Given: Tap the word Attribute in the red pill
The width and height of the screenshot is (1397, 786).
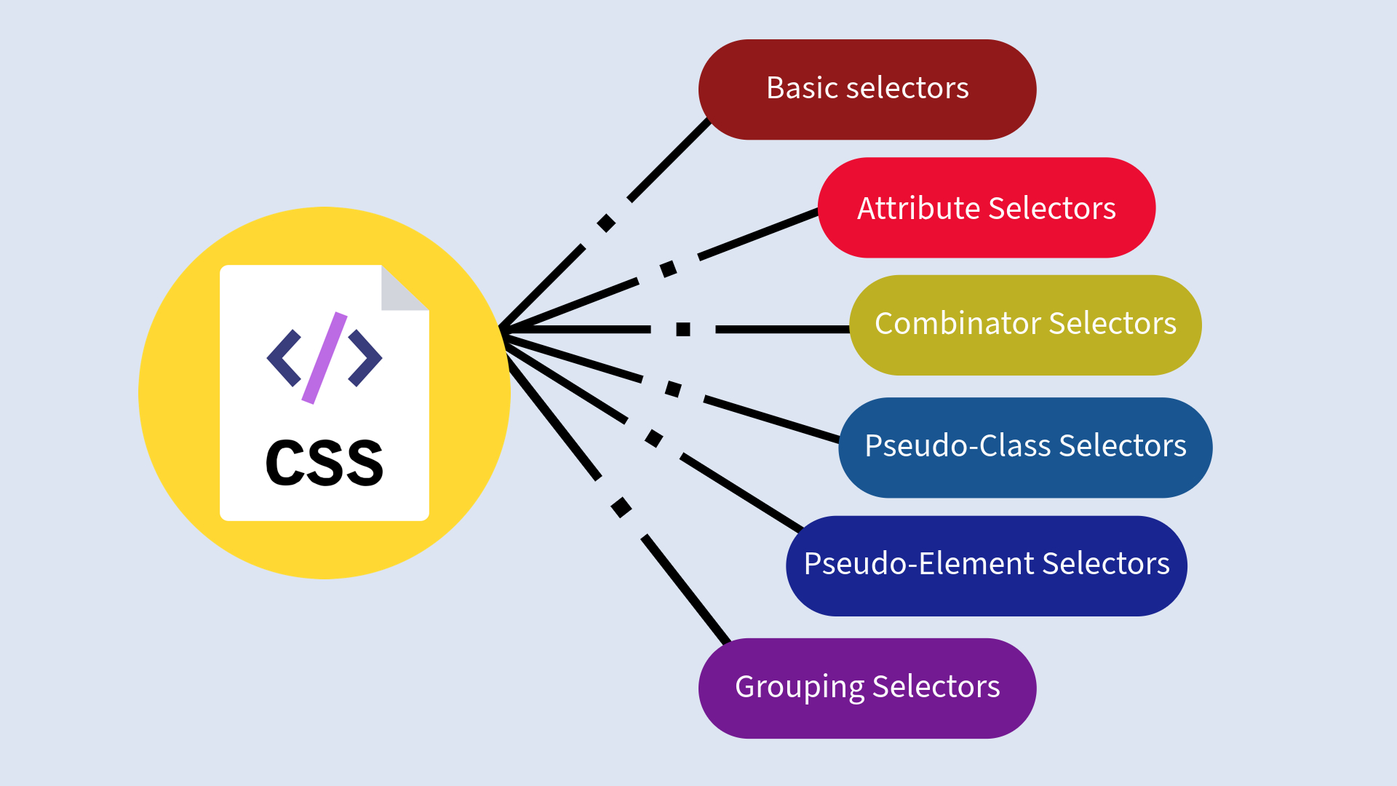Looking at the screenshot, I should coord(918,208).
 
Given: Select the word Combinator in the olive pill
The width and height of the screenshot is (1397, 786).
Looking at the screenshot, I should coord(957,323).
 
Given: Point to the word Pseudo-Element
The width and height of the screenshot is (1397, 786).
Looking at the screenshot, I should coord(918,563).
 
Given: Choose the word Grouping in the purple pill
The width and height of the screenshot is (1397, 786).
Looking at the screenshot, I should coord(799,687).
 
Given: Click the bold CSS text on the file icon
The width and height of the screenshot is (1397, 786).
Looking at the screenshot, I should coord(325,463).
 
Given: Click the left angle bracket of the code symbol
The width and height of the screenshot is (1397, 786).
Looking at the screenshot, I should coord(284,358).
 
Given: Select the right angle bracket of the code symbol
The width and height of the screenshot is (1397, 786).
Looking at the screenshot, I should coord(365,358).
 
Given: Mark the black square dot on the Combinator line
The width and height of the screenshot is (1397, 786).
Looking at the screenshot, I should coord(683,330).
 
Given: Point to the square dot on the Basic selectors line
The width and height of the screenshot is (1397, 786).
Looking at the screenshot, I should coord(606,223).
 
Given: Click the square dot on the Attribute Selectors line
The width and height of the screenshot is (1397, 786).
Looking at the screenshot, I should coord(668,269).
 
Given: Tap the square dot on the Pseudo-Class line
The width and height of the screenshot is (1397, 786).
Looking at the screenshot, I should coord(673,389).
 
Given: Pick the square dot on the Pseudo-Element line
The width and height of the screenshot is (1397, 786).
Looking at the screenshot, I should coord(654,438).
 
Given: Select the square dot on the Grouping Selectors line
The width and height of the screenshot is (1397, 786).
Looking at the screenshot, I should coord(621,507).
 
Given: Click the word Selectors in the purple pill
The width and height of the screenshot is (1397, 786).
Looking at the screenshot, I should coord(936,687).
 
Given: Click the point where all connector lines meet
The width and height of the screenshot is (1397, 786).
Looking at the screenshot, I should coord(502,330).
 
